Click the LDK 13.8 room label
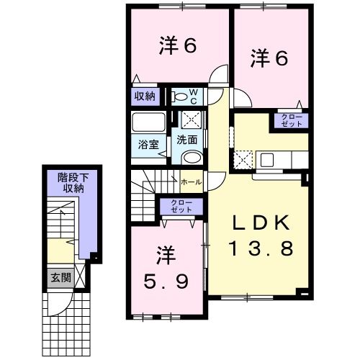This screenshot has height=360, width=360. (261, 235)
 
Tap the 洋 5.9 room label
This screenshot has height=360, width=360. (166, 267)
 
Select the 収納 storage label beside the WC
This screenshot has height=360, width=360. (145, 96)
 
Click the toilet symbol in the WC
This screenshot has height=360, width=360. (179, 96)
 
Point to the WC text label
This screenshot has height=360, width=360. (194, 96)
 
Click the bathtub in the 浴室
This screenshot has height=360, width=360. (149, 122)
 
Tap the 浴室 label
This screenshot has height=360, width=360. (148, 145)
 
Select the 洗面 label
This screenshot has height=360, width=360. (187, 140)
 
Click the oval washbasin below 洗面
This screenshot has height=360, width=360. (192, 158)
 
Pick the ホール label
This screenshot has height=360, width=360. (192, 182)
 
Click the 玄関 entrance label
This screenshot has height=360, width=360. (61, 278)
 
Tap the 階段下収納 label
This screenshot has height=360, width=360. (73, 183)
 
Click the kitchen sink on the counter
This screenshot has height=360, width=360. (267, 160)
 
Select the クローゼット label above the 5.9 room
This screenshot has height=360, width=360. (181, 207)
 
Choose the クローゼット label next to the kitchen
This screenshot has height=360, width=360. (292, 121)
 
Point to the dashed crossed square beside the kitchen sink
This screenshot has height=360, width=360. (243, 160)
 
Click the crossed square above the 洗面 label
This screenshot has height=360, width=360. (191, 120)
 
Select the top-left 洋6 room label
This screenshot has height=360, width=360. (178, 45)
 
